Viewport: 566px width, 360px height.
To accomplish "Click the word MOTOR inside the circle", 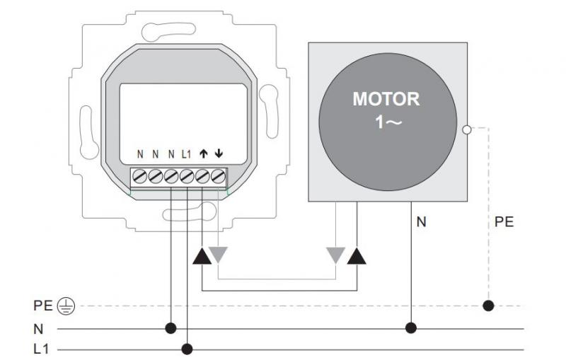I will [x=386, y=98].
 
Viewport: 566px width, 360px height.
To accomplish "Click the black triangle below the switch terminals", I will [x=202, y=255].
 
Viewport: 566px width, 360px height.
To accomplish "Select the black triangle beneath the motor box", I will [x=357, y=255].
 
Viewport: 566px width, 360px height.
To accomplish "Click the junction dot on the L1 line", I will [x=187, y=349].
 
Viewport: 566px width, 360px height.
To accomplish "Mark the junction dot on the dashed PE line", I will [x=488, y=306].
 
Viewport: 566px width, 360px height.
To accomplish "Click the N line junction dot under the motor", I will [x=411, y=328].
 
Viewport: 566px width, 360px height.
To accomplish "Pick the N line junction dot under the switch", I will [x=171, y=328].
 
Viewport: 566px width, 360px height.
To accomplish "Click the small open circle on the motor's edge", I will [x=466, y=129].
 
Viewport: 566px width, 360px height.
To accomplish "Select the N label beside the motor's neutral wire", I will [x=422, y=222].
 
